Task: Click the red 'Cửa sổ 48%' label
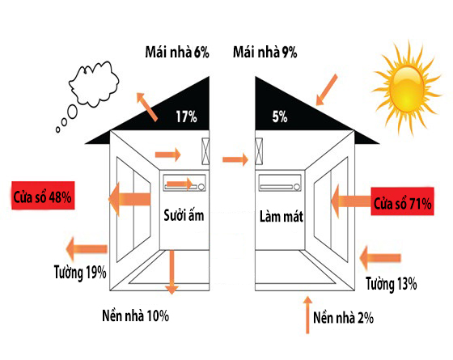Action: [x=43, y=195]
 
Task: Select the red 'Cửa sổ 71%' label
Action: [x=403, y=201]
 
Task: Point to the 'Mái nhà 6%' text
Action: [x=177, y=53]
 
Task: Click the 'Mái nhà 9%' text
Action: [x=265, y=53]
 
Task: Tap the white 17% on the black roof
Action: [x=187, y=116]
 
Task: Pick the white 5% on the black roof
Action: [x=280, y=116]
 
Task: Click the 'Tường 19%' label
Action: [x=80, y=272]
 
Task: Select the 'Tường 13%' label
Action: [x=392, y=283]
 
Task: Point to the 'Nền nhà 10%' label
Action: [x=136, y=316]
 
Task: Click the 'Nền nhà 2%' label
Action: [x=343, y=317]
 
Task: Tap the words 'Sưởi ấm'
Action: [x=184, y=215]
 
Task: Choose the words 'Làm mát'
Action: [x=282, y=217]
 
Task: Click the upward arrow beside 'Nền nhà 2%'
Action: [x=307, y=315]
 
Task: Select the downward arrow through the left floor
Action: [x=171, y=272]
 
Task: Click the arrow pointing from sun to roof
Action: [x=327, y=90]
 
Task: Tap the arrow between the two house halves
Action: [x=235, y=159]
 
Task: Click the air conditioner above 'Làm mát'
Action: [x=280, y=183]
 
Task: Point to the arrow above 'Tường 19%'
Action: [x=87, y=249]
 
